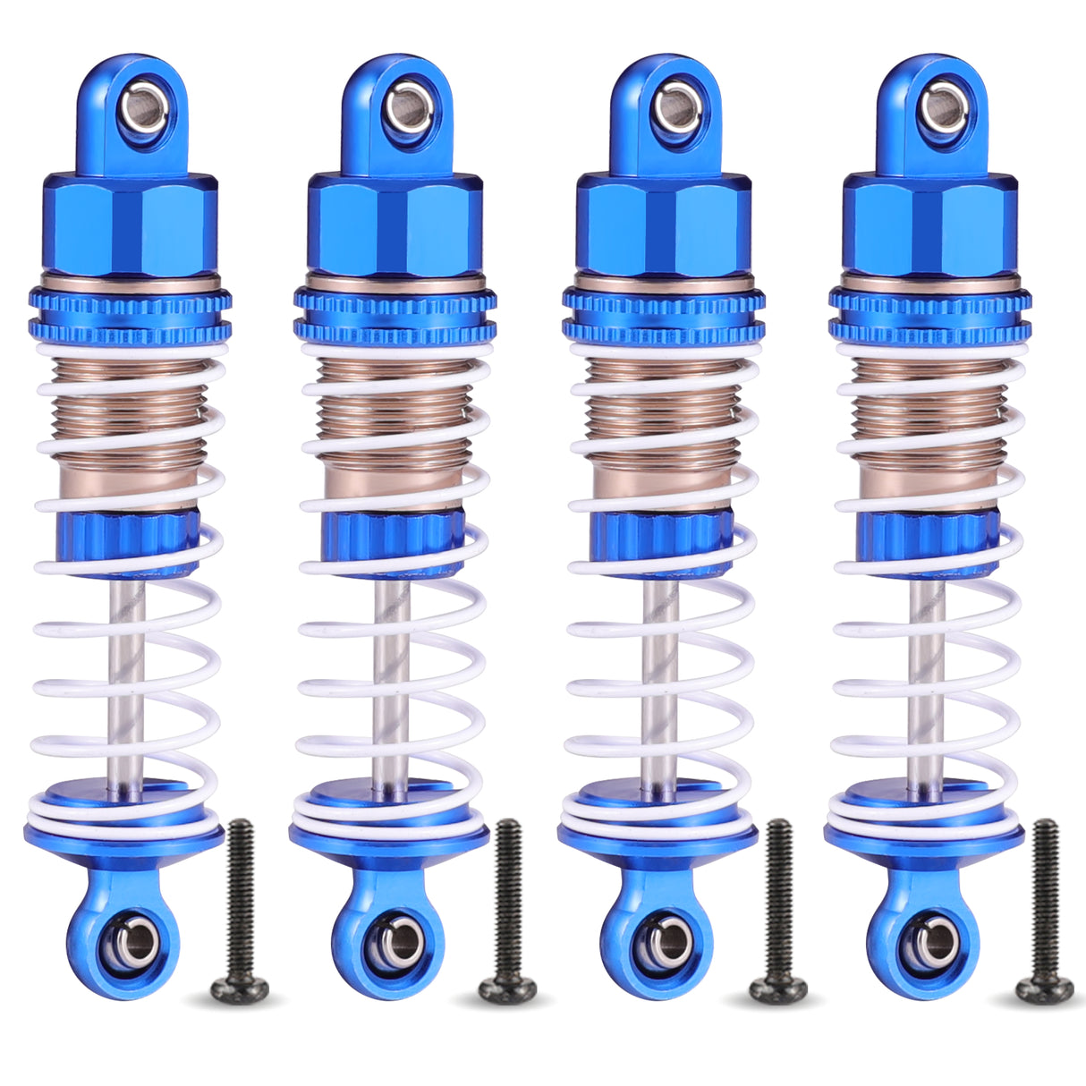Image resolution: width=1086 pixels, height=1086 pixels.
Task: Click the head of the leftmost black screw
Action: (x=239, y=987)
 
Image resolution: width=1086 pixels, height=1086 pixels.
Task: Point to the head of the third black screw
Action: (x=776, y=987)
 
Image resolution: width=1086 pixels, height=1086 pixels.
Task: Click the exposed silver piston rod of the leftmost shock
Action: (x=126, y=680)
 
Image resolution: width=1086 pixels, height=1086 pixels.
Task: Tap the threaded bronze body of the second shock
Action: (x=394, y=411)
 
